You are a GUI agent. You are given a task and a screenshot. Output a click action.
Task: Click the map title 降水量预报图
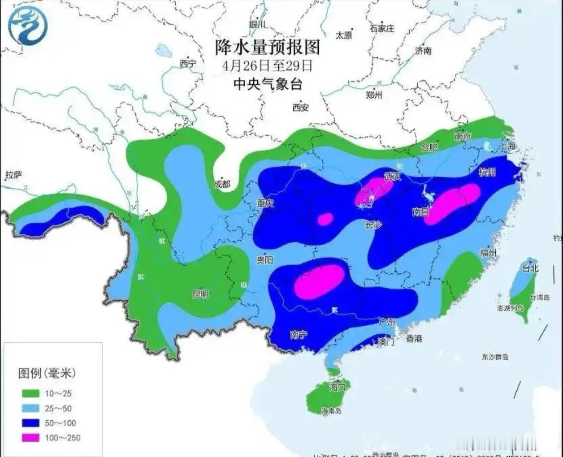pyautogui.click(x=268, y=47)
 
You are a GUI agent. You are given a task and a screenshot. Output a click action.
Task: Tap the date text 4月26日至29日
pyautogui.click(x=267, y=65)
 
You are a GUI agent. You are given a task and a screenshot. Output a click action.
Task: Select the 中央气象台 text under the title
pyautogui.click(x=268, y=84)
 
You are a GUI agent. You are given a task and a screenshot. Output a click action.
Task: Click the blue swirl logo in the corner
pyautogui.click(x=28, y=26)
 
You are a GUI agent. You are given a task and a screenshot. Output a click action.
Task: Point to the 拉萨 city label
pyautogui.click(x=13, y=175)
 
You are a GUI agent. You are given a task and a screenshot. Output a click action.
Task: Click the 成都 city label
pyautogui.click(x=221, y=184)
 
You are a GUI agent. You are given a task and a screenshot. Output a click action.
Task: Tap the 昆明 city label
pyautogui.click(x=200, y=294)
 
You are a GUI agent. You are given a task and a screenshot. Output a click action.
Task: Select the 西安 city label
pyautogui.click(x=300, y=107)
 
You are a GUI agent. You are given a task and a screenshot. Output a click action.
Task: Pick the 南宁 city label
pyautogui.click(x=299, y=334)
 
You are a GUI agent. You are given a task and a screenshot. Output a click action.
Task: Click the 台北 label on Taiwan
pyautogui.click(x=530, y=268)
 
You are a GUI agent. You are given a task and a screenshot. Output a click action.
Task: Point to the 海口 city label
pyautogui.click(x=337, y=387)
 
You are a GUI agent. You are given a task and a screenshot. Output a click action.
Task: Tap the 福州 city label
pyautogui.click(x=488, y=253)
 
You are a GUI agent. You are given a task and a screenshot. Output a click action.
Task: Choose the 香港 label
pyautogui.click(x=414, y=339)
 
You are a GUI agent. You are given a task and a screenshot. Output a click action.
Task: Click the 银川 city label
pyautogui.click(x=257, y=25)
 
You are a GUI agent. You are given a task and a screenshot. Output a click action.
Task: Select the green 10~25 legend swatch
pyautogui.click(x=30, y=393)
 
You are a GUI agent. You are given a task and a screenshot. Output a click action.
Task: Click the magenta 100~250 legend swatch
pyautogui.click(x=30, y=438)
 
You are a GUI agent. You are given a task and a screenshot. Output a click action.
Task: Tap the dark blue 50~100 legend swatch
pyautogui.click(x=30, y=423)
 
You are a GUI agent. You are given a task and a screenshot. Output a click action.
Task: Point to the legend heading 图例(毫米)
pyautogui.click(x=47, y=373)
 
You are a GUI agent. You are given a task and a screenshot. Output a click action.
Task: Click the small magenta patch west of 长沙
pyautogui.click(x=325, y=219)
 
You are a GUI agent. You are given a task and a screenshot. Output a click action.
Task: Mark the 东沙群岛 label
pyautogui.click(x=495, y=357)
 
